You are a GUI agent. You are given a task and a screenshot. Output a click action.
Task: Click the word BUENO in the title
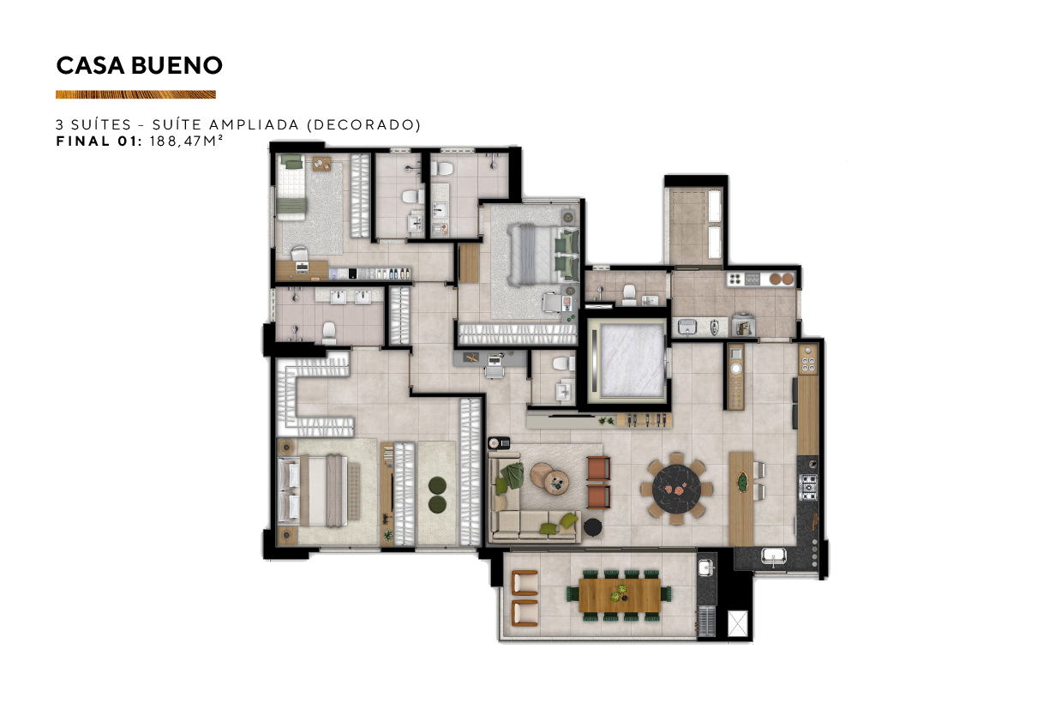(x=177, y=65)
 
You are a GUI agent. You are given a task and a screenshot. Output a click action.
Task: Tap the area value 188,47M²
(x=186, y=141)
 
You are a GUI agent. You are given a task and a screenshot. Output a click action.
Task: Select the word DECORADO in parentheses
(x=364, y=124)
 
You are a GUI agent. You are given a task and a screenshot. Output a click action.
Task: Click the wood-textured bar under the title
(x=135, y=94)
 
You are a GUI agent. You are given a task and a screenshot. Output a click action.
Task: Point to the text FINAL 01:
(x=99, y=141)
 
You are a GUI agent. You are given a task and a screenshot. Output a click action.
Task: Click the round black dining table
(x=677, y=489)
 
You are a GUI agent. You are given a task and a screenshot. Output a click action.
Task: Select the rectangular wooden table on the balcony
(x=620, y=595)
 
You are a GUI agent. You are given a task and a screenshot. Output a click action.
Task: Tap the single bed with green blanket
(x=291, y=188)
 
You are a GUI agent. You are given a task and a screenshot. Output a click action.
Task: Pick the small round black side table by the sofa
(x=592, y=527)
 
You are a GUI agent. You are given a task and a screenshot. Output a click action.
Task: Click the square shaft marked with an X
(x=738, y=624)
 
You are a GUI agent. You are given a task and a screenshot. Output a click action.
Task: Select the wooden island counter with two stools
(x=741, y=499)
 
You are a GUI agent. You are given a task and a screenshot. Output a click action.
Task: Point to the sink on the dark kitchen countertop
(x=774, y=556)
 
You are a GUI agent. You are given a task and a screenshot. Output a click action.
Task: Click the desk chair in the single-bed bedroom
(x=300, y=255)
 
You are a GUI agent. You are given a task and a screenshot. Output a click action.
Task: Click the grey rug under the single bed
(x=312, y=208)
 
